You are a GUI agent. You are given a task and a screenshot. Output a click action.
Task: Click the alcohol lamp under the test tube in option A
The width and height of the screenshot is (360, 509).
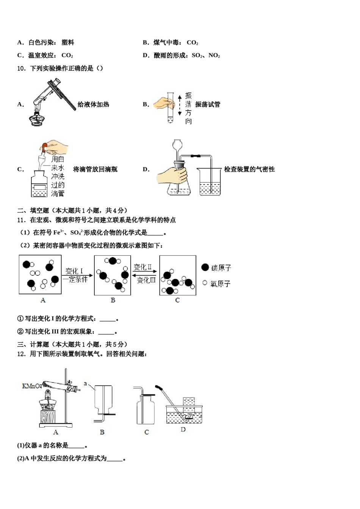coord(37,118)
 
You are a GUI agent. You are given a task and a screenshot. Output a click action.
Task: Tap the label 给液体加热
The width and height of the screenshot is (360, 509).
coord(93,105)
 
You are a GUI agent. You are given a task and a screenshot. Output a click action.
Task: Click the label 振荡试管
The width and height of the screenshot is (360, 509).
coord(208,105)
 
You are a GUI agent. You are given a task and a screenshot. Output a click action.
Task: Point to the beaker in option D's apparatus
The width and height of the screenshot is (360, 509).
coord(210,182)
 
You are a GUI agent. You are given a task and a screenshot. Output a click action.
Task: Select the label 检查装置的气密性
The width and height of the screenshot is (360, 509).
coord(249,169)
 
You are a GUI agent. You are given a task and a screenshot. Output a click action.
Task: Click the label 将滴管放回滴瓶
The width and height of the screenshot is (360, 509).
coord(95,169)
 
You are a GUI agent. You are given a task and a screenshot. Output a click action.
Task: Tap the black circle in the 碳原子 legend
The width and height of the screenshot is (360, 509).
coord(205,267)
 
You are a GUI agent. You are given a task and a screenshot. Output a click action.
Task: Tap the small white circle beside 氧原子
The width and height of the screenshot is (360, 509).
coord(205,283)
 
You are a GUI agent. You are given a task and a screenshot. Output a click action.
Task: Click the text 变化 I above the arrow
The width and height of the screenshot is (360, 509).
coord(74,271)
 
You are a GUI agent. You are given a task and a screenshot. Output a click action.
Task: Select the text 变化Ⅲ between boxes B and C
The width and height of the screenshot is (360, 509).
coord(146,280)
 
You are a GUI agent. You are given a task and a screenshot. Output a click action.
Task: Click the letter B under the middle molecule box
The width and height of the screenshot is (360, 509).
coord(113,300)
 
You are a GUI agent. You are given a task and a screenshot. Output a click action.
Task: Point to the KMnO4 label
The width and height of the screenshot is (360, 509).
coord(32,386)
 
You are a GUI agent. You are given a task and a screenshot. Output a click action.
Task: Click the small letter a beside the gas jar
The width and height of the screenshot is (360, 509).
coord(85,384)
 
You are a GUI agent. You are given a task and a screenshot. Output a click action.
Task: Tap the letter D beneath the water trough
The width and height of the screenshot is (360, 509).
coord(183,429)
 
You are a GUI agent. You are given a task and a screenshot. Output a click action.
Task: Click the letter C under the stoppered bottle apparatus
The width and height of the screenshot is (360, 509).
coord(147,432)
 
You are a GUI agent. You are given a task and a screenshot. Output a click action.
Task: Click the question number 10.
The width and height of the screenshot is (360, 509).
coord(21,69)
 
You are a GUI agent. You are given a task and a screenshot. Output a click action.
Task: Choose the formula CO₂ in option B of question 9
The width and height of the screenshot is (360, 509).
coord(193,43)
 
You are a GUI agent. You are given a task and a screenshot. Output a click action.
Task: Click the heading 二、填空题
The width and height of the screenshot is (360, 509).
coord(33,211)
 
